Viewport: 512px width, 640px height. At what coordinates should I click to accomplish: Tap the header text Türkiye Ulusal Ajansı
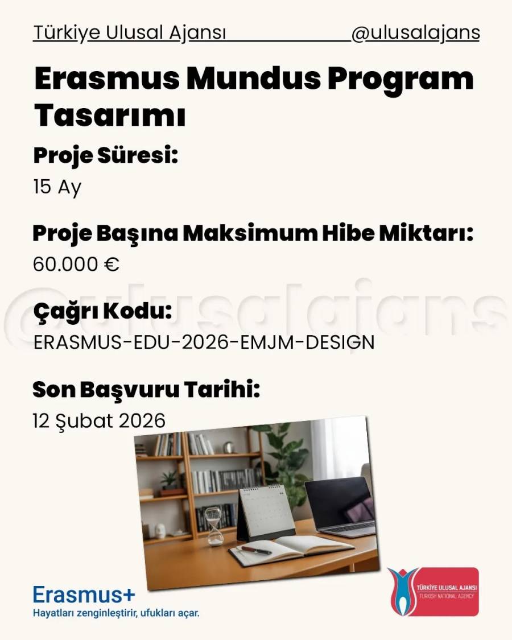click(x=130, y=33)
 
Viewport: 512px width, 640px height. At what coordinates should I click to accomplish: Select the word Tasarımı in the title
click(x=110, y=115)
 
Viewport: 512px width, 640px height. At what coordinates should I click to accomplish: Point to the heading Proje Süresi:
click(x=106, y=156)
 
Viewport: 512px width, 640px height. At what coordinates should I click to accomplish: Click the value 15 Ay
click(x=57, y=187)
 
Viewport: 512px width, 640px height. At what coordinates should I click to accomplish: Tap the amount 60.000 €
click(x=76, y=264)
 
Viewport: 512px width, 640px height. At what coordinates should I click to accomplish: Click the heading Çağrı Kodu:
click(x=102, y=311)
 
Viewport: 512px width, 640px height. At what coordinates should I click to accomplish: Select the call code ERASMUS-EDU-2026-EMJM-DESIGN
click(x=204, y=342)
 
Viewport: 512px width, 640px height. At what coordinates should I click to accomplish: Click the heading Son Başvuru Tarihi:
click(x=146, y=390)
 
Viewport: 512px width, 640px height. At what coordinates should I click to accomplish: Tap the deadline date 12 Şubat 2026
click(x=99, y=421)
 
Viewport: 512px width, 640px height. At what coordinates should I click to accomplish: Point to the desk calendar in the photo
click(x=266, y=514)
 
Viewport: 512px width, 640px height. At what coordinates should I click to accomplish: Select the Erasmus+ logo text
click(x=84, y=594)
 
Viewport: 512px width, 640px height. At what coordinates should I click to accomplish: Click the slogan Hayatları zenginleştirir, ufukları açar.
click(x=117, y=613)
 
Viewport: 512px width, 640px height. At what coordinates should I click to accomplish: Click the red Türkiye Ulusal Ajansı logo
click(x=433, y=592)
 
